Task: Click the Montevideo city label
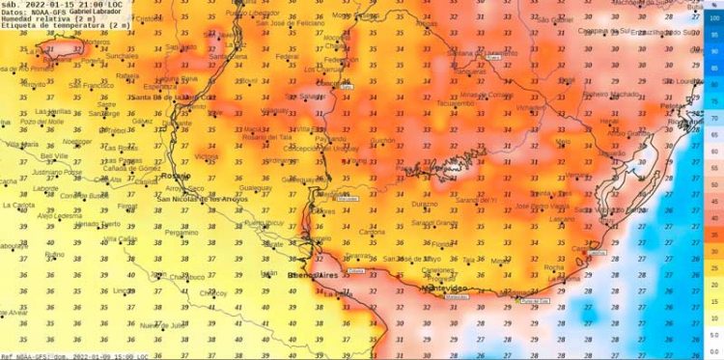point(445,288)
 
